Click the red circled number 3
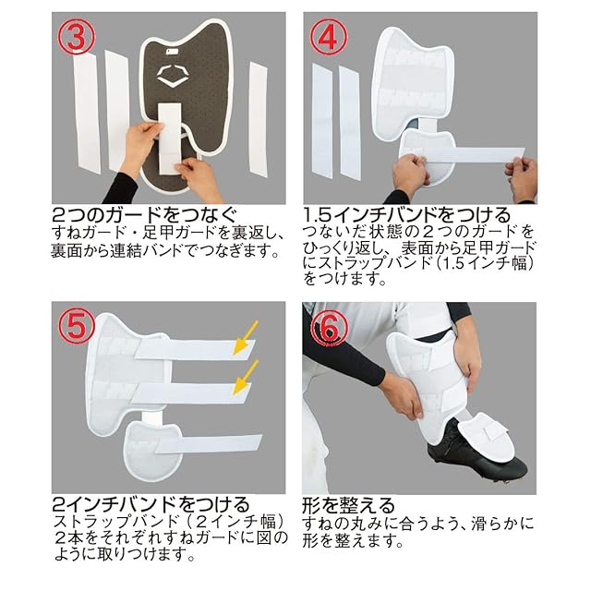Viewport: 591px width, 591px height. (x=76, y=37)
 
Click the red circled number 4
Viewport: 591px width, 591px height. (x=329, y=37)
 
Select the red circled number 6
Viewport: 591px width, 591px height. (x=330, y=327)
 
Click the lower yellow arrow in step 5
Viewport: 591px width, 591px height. (x=246, y=378)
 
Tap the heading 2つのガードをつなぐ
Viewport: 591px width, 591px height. (x=146, y=215)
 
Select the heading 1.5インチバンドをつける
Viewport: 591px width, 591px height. (x=406, y=215)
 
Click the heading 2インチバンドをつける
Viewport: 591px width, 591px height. (x=151, y=504)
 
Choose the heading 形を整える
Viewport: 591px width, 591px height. (x=348, y=505)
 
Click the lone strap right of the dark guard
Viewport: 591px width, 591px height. (x=258, y=117)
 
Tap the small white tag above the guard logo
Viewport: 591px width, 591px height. (x=173, y=51)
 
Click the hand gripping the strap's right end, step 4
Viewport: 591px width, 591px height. (x=522, y=178)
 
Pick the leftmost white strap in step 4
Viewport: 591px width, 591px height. (x=322, y=121)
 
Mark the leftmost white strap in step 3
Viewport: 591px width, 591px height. (x=87, y=113)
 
